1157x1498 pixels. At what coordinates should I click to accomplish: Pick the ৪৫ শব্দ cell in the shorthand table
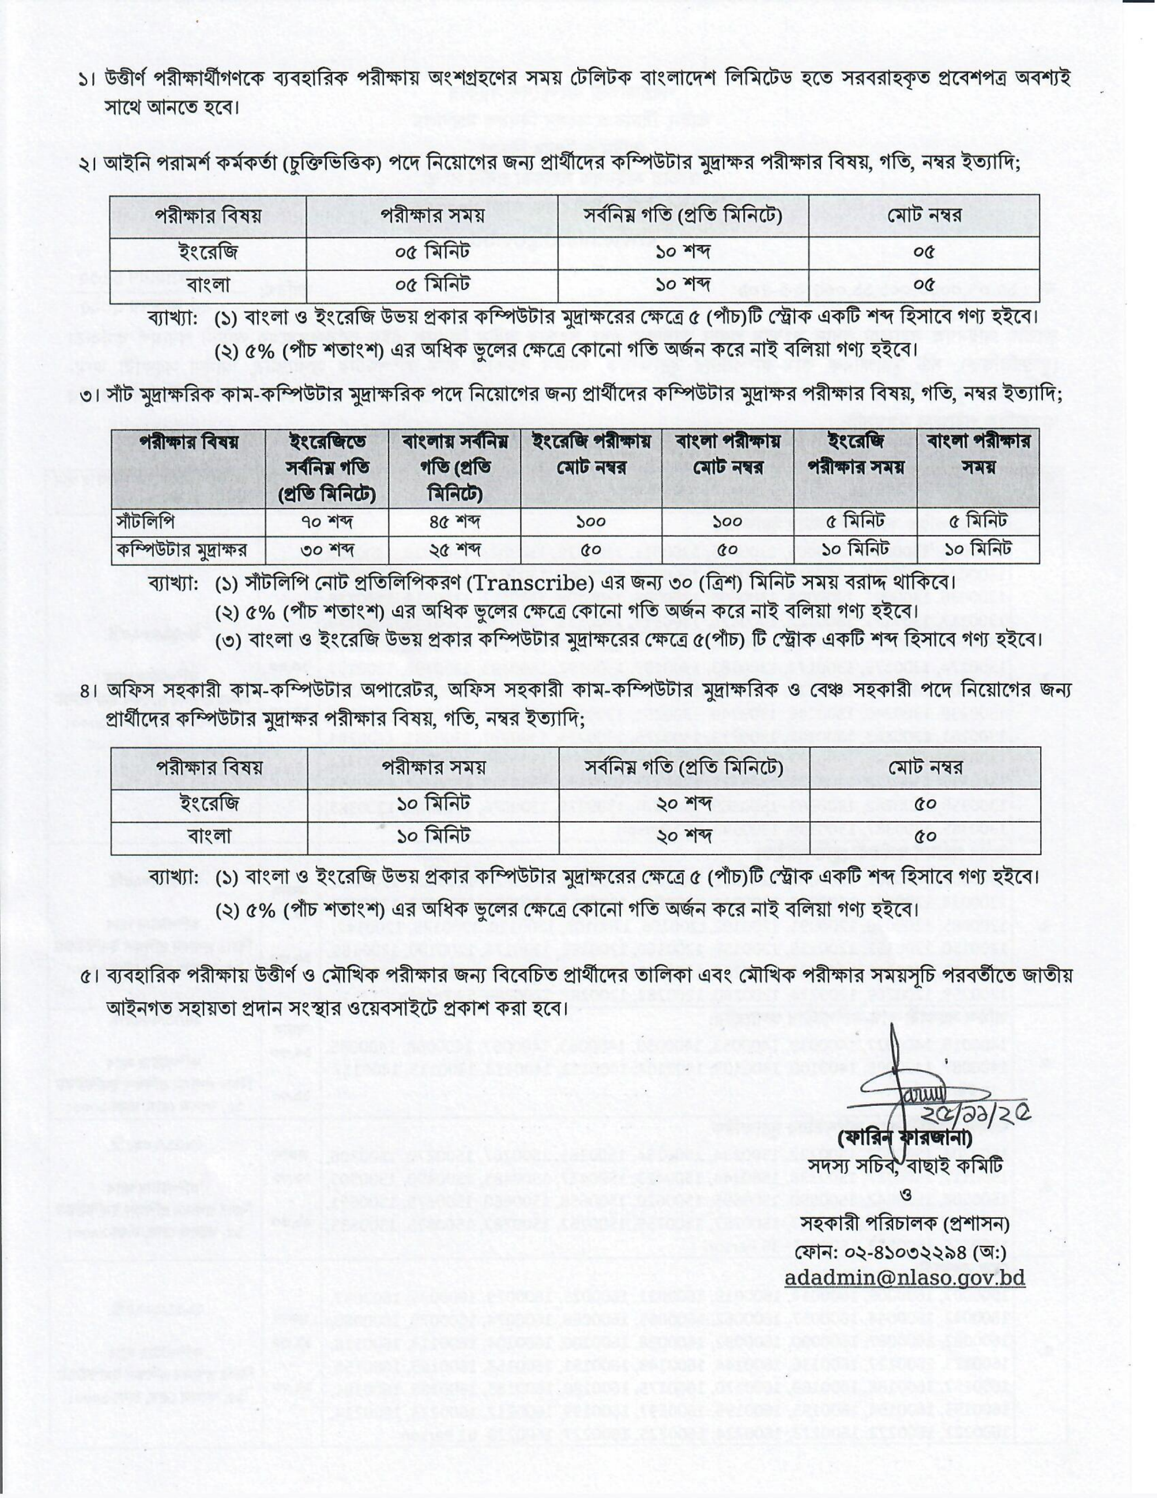tap(454, 522)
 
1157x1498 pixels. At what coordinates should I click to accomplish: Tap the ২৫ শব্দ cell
tap(454, 550)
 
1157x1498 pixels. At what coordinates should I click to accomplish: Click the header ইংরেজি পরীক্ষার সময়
tap(855, 454)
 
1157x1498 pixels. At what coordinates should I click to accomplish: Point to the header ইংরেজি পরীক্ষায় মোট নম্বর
tap(591, 454)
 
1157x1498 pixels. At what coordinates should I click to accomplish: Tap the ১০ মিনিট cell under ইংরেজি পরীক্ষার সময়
tap(855, 550)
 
